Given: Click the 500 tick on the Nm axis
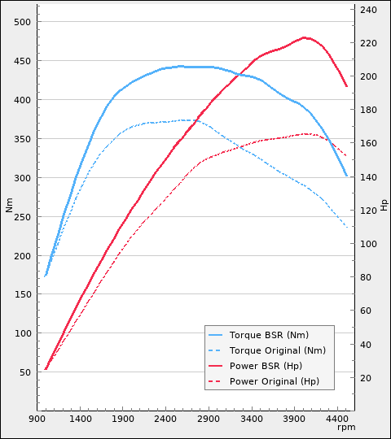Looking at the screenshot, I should [25, 22].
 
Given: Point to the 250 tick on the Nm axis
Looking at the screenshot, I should [25, 216].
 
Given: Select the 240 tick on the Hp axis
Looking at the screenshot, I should [368, 10].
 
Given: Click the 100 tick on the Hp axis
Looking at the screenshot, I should [368, 244].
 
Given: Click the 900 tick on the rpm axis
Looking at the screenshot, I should [37, 419].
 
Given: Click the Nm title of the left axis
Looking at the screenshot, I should [10, 206].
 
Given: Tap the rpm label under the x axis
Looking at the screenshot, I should [346, 428].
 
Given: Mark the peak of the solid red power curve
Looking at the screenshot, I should [305, 37].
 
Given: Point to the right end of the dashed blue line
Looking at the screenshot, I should [347, 227].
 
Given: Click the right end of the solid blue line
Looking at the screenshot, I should [347, 176].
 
